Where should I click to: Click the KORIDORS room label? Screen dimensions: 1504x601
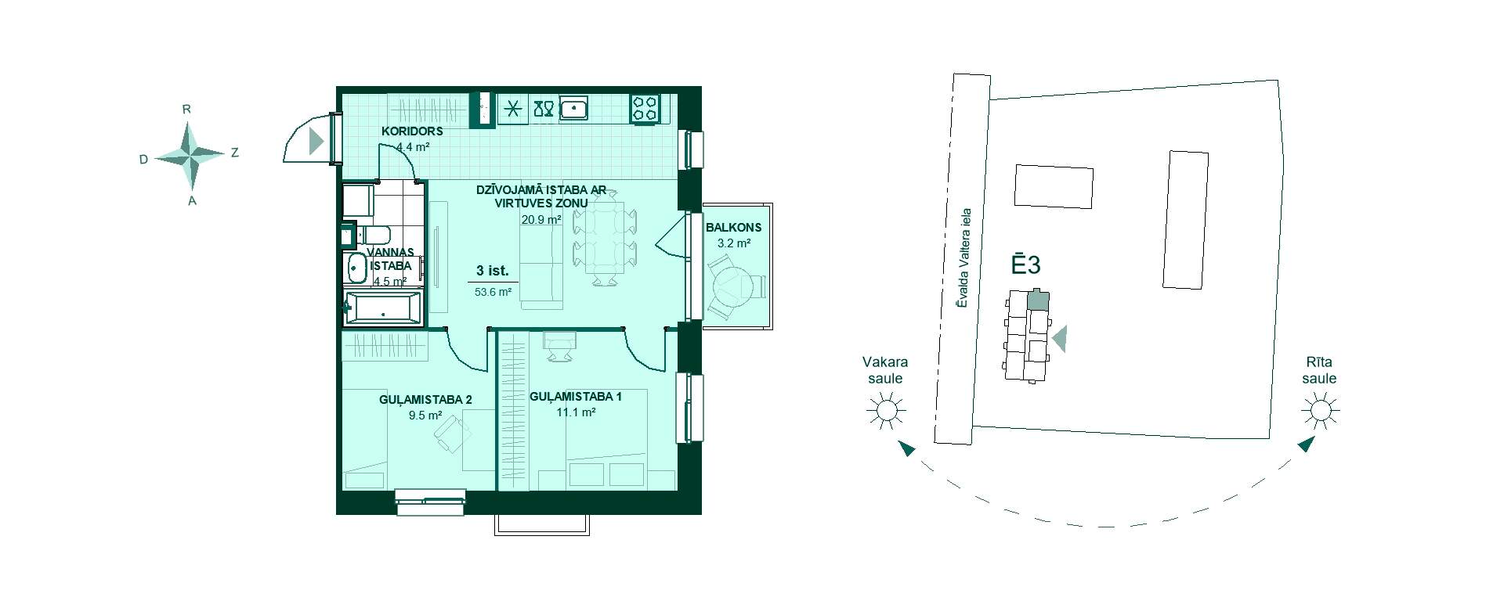[413, 131]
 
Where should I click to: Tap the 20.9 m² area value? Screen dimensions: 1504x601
[541, 220]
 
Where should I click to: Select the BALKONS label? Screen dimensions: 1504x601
[733, 228]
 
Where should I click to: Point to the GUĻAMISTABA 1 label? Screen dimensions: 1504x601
[576, 397]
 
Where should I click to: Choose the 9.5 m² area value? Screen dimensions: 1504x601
[425, 416]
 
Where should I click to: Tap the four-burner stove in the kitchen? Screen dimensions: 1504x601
[645, 107]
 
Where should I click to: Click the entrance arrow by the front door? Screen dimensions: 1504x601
[316, 141]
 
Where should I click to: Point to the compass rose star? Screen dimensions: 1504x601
[190, 157]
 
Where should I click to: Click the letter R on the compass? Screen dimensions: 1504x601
[186, 110]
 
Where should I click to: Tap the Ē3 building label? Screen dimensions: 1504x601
[1025, 264]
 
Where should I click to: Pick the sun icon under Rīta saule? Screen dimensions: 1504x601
[1320, 410]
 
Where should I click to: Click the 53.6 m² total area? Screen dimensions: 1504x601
[493, 292]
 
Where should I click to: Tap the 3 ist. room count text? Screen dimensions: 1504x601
[493, 272]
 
